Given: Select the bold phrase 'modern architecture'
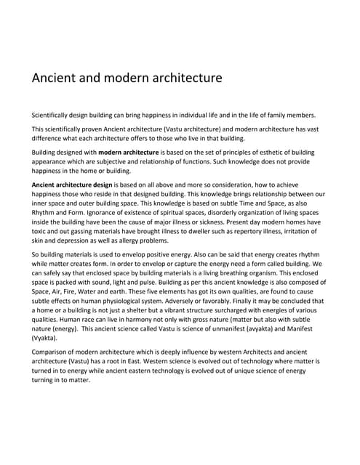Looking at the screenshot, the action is tap(129, 152).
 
